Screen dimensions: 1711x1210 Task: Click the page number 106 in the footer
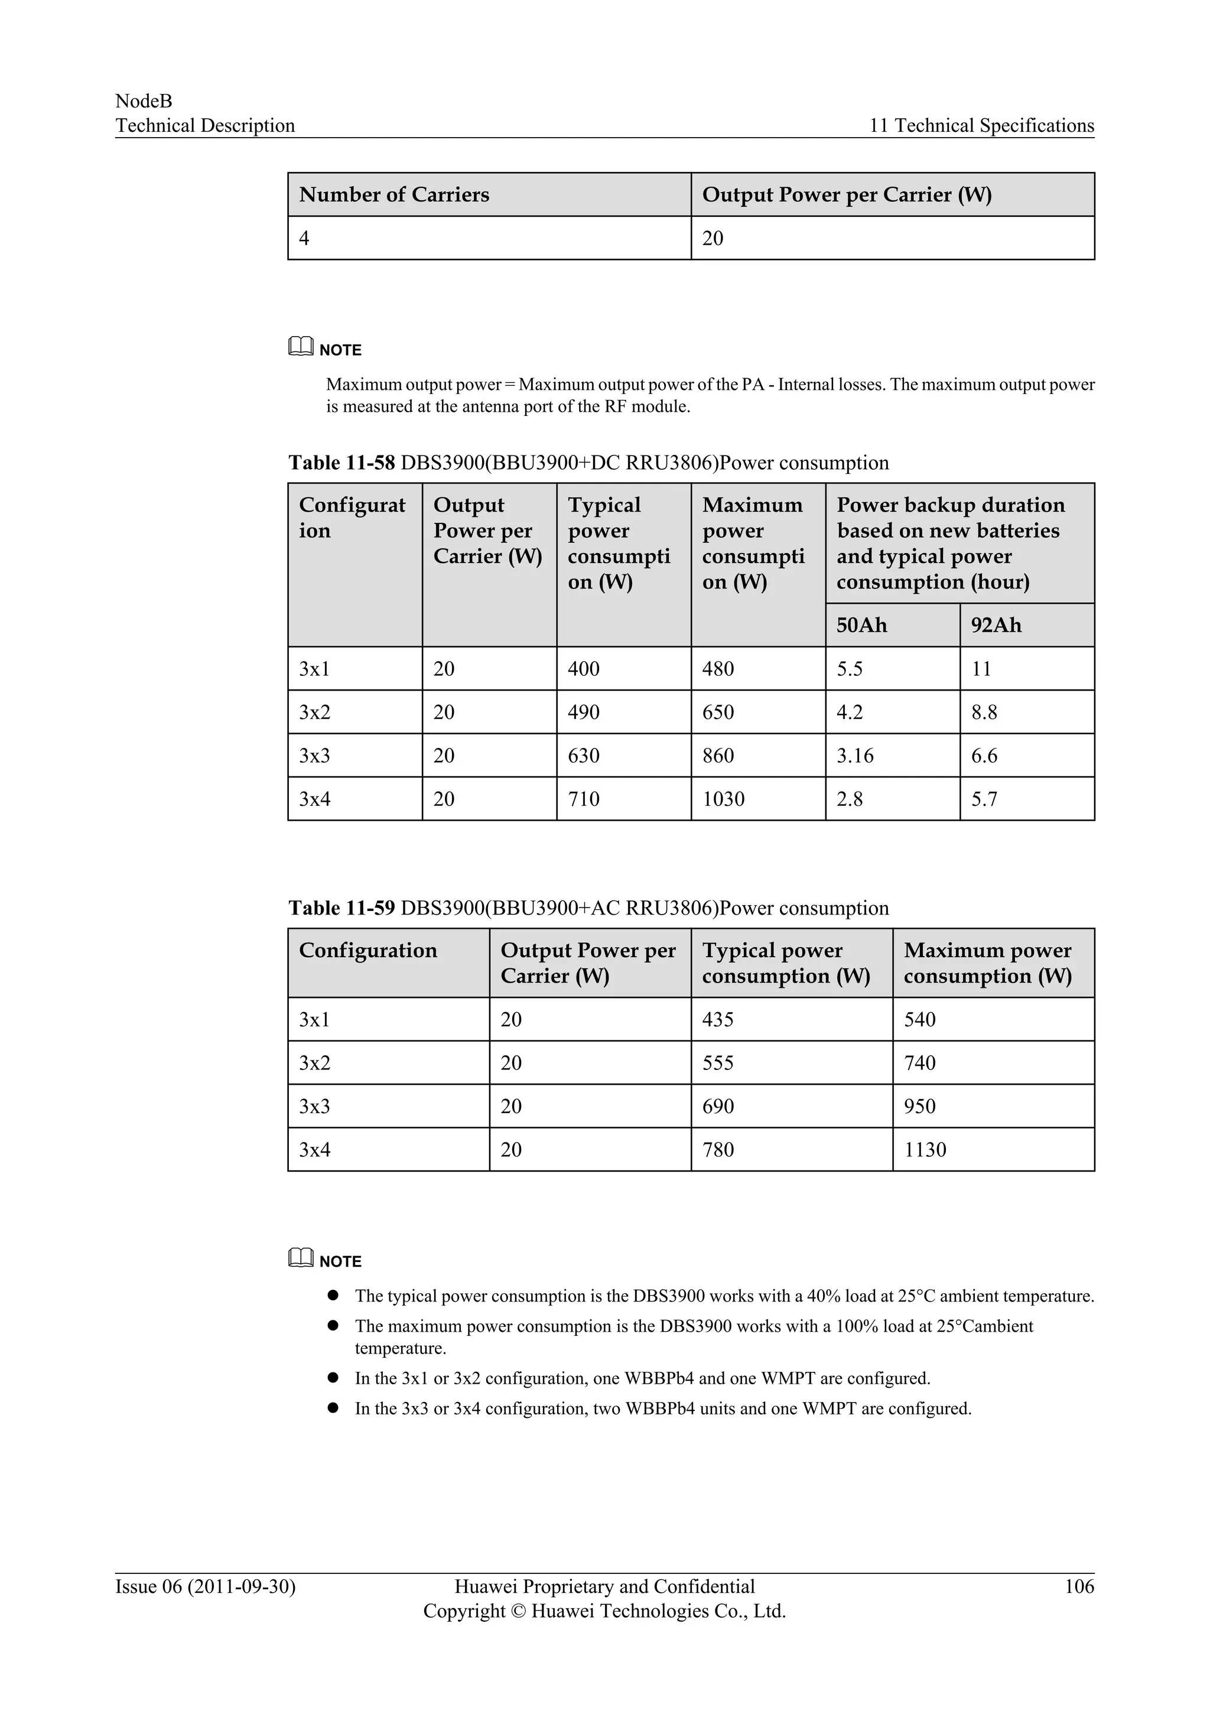(1079, 1586)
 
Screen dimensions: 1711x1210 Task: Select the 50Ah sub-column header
(861, 625)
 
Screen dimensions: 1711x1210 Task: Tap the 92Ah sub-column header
(996, 625)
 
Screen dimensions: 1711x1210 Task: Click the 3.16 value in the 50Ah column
(854, 756)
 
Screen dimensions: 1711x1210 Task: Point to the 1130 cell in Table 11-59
(925, 1149)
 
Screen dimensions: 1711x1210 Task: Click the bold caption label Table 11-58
(341, 463)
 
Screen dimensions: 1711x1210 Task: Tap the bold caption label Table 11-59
(341, 907)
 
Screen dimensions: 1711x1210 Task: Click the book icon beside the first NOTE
(300, 347)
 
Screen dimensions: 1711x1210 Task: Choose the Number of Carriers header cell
(393, 194)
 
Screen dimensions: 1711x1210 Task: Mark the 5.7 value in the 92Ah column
(984, 799)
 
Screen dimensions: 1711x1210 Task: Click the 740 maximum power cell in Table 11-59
(919, 1063)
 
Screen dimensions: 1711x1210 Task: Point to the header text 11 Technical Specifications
(981, 125)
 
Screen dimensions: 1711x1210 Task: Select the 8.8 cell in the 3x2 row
(984, 713)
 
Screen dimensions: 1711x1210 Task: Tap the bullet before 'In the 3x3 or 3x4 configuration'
(333, 1408)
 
